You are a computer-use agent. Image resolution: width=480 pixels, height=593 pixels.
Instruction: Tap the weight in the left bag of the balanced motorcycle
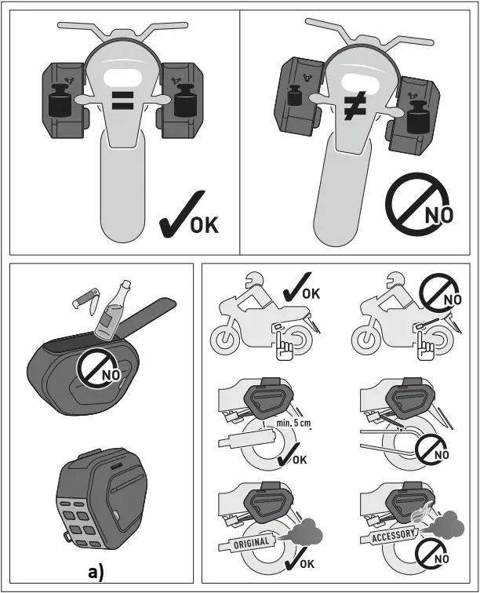pos(59,103)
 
